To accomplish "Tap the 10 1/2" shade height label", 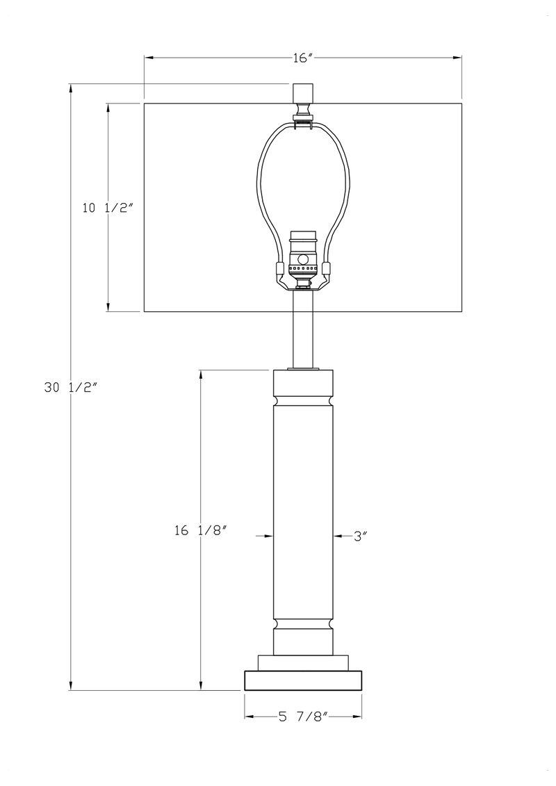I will pyautogui.click(x=107, y=208).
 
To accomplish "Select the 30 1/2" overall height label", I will pyautogui.click(x=69, y=388).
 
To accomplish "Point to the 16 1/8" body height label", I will pyautogui.click(x=201, y=530).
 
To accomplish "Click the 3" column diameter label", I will pyautogui.click(x=360, y=536).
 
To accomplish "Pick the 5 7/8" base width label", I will pyautogui.click(x=303, y=717).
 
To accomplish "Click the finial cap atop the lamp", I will pyautogui.click(x=302, y=92).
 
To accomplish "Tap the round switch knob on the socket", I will pyautogui.click(x=302, y=259).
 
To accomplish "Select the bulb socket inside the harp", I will pyautogui.click(x=302, y=256).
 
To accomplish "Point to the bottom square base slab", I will pyautogui.click(x=303, y=680).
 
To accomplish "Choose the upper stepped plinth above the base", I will pyautogui.click(x=303, y=662).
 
